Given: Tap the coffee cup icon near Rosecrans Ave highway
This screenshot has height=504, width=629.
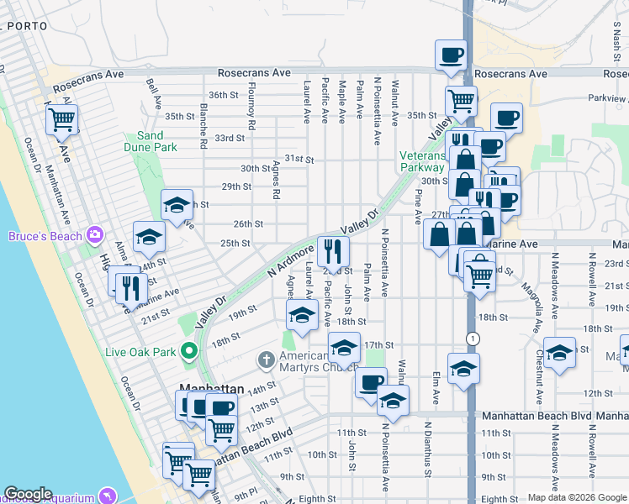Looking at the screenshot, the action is [451, 55].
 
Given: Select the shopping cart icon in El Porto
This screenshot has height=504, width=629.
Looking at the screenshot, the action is [62, 120].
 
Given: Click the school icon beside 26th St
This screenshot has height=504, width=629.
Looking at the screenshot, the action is [149, 237].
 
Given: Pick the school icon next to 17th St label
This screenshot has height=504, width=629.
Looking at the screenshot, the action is [343, 349].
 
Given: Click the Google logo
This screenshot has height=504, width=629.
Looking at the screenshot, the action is [28, 494].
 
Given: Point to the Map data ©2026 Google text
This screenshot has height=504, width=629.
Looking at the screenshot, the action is [577, 497].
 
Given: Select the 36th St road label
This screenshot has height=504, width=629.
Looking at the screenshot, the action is [225, 95].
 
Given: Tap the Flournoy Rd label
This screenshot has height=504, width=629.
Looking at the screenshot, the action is [251, 113].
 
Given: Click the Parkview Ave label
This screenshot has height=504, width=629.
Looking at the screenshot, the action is [607, 98].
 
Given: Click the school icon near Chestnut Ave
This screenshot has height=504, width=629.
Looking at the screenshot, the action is [558, 354].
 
